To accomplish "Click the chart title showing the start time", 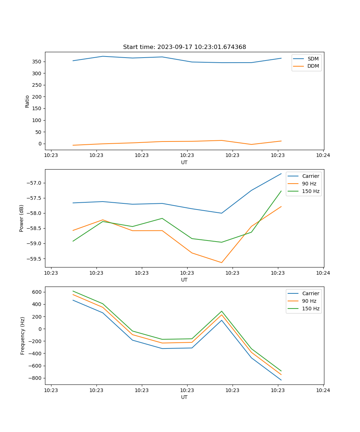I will tap(184, 47).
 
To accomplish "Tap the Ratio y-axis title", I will tap(27, 101).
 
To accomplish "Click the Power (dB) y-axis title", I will tap(22, 218).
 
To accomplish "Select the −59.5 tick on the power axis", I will tap(35, 259).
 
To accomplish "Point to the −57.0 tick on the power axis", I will tap(35, 183).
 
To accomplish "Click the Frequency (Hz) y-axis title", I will tap(23, 336).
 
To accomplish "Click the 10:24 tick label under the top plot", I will tap(323, 156).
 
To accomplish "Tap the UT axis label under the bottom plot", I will tap(184, 397).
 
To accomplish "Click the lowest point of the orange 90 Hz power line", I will tap(221, 262).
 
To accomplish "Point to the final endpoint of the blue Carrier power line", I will tap(281, 174).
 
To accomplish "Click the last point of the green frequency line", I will tap(281, 371).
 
